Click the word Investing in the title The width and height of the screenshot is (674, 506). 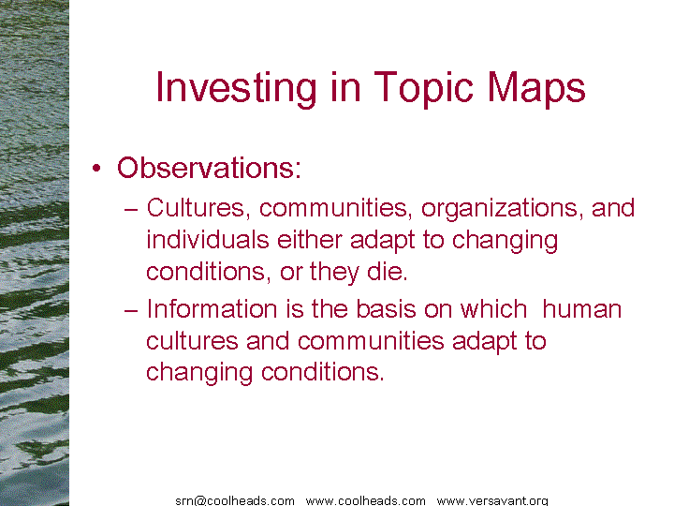tap(237, 88)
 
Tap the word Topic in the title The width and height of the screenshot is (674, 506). tap(424, 88)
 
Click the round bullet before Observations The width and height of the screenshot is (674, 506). tap(96, 168)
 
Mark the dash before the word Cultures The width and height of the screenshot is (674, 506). tap(131, 210)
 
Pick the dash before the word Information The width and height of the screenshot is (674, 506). tap(131, 311)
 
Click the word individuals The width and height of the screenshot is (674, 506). tap(208, 239)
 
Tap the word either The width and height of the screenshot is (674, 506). tap(310, 239)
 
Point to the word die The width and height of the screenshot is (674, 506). tap(387, 272)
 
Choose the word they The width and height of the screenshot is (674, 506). tap(334, 274)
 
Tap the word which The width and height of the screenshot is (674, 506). tap(493, 309)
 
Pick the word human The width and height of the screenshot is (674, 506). tap(582, 309)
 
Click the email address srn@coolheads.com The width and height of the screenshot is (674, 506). tap(235, 500)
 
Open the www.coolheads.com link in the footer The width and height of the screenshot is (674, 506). tap(366, 500)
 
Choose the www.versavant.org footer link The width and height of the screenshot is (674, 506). tap(492, 500)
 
